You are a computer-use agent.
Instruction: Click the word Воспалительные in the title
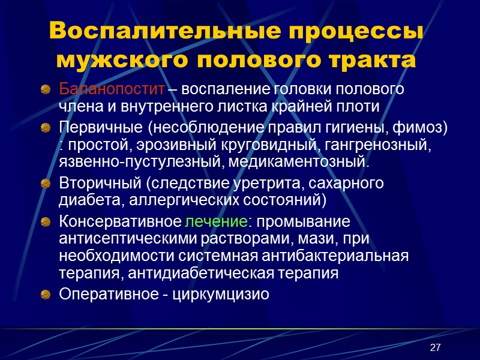[x=142, y=32]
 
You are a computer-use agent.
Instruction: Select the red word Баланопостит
[x=112, y=90]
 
